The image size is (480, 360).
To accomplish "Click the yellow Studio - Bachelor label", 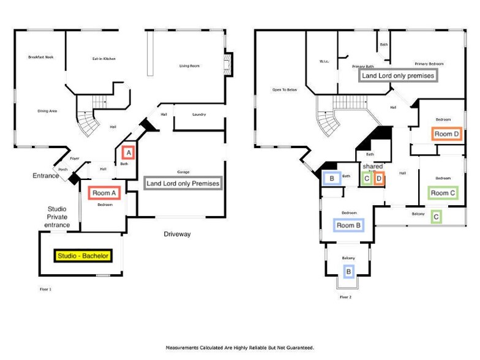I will pos(83,256).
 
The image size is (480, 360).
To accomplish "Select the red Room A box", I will pos(102,193).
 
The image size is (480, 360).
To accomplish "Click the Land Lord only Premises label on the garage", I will pos(182,183).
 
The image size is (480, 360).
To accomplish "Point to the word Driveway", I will pos(178,234).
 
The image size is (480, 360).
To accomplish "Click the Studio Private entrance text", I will pos(56,217).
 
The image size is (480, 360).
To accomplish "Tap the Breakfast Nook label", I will pos(41,57).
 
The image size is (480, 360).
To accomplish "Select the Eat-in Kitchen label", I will pos(104,59).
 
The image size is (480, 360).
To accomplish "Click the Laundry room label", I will pos(198,114).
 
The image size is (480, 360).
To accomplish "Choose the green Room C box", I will pos(444,193).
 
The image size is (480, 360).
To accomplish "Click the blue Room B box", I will pos(349,225).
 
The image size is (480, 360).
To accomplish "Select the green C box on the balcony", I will pos(435,216).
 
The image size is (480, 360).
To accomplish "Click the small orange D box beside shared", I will pos(379,179).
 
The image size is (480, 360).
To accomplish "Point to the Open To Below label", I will pos(285,90).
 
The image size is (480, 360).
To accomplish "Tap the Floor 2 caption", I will pos(346,297).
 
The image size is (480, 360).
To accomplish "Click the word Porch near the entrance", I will pos(62,170).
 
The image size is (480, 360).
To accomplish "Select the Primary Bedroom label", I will pos(429,63).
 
